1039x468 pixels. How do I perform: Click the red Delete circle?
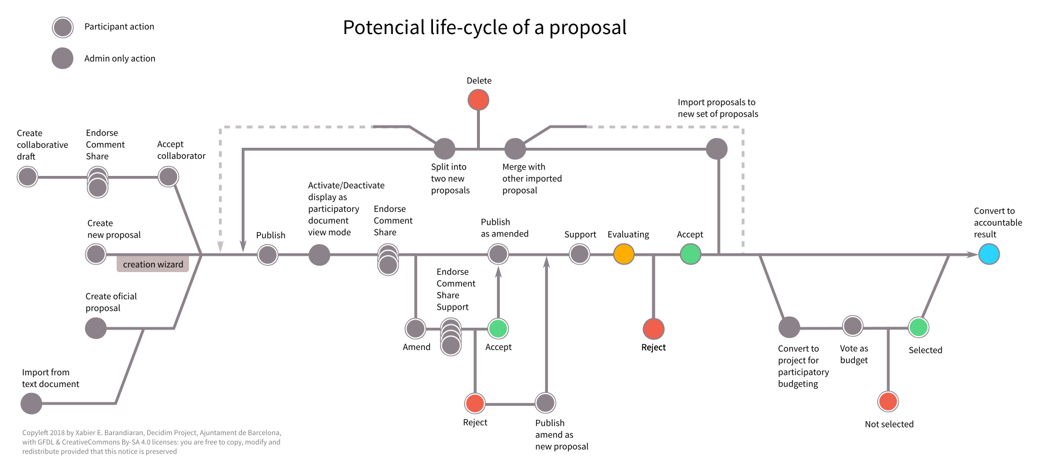(x=478, y=100)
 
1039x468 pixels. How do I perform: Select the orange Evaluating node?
(x=624, y=255)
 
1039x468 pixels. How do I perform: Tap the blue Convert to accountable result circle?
(x=989, y=255)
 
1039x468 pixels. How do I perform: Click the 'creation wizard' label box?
(x=153, y=264)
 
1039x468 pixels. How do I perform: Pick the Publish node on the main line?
(x=268, y=255)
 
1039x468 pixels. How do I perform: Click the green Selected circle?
(x=918, y=327)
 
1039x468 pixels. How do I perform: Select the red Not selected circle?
(x=888, y=402)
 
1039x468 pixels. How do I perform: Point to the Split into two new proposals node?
(x=444, y=149)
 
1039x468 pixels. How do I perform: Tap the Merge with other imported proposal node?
(x=515, y=149)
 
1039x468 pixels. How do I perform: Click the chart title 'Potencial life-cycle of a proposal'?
(x=485, y=28)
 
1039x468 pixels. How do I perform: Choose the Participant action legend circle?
(x=63, y=27)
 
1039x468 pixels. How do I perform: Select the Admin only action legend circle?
(x=63, y=59)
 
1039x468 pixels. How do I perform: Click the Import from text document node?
(x=31, y=403)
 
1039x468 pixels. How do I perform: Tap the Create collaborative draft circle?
(x=28, y=177)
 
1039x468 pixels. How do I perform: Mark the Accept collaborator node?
(x=168, y=177)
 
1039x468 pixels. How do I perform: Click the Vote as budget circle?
(x=852, y=326)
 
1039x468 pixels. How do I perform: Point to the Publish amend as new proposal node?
(x=546, y=403)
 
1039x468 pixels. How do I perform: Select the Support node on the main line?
(x=580, y=255)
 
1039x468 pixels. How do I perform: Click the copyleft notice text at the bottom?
(x=151, y=442)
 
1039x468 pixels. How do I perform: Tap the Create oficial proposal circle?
(x=96, y=328)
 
